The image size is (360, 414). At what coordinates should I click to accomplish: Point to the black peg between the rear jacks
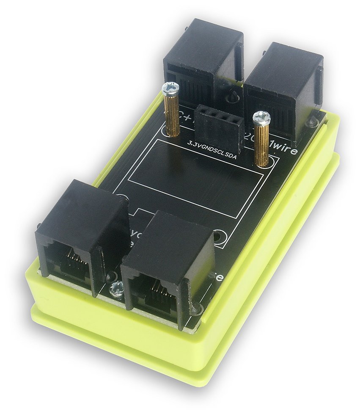coord(232,98)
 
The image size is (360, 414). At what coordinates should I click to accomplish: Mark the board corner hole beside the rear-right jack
coord(313,122)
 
